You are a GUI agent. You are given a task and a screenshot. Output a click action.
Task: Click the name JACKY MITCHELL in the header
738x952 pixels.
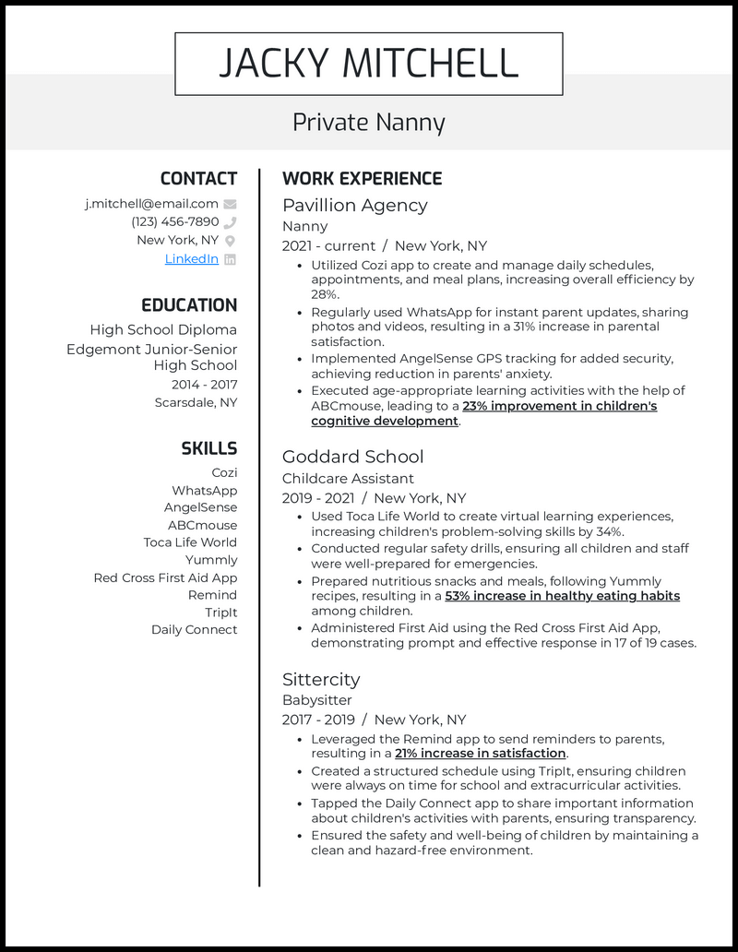(x=368, y=64)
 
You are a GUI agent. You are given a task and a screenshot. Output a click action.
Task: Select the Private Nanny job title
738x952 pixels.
(x=368, y=122)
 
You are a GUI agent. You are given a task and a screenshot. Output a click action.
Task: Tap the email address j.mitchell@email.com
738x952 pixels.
(x=151, y=204)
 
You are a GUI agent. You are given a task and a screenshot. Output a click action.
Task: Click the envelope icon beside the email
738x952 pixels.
(x=230, y=204)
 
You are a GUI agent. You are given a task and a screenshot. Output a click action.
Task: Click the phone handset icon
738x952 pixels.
(x=230, y=222)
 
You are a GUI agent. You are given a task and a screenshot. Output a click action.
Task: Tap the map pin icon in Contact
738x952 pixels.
(x=230, y=241)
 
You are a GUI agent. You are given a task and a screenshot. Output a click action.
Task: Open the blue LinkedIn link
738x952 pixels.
(x=191, y=259)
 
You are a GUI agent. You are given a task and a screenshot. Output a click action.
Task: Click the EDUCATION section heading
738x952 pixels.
(x=189, y=305)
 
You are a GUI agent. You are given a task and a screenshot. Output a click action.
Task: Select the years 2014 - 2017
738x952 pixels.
(x=204, y=385)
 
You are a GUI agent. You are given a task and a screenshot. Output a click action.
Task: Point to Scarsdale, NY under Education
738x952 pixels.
(x=196, y=403)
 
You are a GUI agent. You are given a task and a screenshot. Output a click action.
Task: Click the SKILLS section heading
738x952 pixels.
(x=208, y=449)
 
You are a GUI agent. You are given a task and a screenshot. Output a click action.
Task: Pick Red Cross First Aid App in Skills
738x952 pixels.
(x=165, y=578)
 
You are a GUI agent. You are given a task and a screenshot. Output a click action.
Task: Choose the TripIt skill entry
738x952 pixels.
(x=220, y=613)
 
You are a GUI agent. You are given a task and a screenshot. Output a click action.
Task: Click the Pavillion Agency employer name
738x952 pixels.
(x=354, y=205)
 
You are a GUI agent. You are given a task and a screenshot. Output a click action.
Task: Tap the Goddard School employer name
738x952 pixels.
(x=352, y=457)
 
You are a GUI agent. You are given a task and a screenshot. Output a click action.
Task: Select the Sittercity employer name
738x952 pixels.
(x=320, y=679)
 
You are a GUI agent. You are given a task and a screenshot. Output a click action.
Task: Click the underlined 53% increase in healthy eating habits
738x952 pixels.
(x=562, y=596)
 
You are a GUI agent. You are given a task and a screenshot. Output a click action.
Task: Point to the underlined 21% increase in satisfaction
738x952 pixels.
(x=480, y=754)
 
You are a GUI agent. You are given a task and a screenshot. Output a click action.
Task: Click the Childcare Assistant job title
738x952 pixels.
(x=348, y=479)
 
